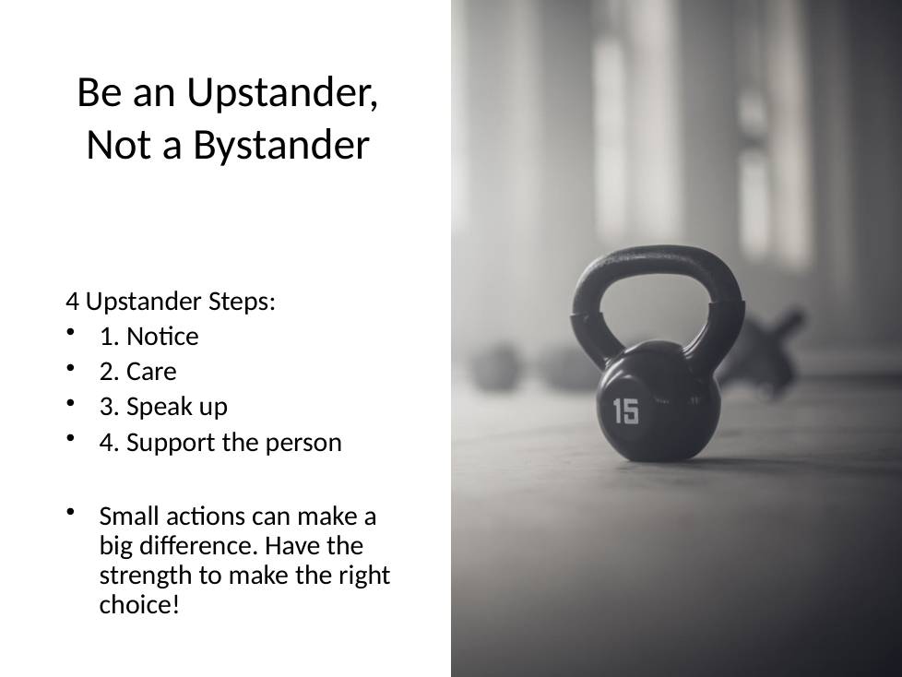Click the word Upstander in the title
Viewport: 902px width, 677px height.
pyautogui.click(x=282, y=92)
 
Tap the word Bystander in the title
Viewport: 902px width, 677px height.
pyautogui.click(x=280, y=145)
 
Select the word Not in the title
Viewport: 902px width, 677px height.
pyautogui.click(x=120, y=145)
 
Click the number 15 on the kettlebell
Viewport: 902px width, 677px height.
pyautogui.click(x=625, y=410)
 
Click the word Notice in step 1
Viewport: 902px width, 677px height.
pyautogui.click(x=162, y=337)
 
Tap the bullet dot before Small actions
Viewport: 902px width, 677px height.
pyautogui.click(x=71, y=511)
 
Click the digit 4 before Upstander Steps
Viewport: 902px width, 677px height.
pyautogui.click(x=72, y=302)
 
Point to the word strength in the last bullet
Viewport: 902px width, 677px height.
pyautogui.click(x=145, y=576)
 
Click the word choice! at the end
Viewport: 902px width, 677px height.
pyautogui.click(x=139, y=604)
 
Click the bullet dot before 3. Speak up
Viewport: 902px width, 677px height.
pyautogui.click(x=71, y=403)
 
